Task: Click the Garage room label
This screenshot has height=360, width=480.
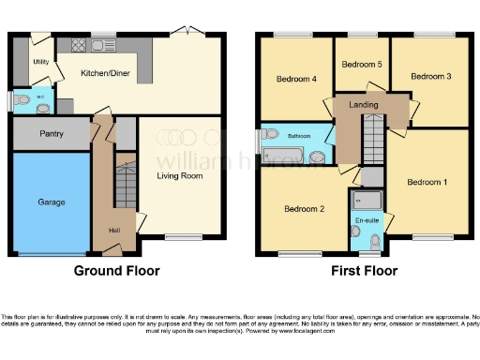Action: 51,202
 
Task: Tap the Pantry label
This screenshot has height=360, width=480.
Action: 52,134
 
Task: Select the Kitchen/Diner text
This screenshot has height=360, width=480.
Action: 105,72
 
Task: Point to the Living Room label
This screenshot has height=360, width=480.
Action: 179,175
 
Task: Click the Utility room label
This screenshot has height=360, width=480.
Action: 40,62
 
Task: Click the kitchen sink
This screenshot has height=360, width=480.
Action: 103,44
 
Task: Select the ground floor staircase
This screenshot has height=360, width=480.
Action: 125,184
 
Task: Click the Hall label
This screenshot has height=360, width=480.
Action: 114,231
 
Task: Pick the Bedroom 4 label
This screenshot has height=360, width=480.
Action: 296,80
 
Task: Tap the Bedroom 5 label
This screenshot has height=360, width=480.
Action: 361,65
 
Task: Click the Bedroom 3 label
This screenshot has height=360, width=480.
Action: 430,76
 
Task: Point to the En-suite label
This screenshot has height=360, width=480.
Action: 365,221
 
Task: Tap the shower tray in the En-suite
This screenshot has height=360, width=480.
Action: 366,199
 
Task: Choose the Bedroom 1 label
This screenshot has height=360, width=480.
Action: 427,182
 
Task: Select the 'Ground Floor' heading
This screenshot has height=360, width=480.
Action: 117,271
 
